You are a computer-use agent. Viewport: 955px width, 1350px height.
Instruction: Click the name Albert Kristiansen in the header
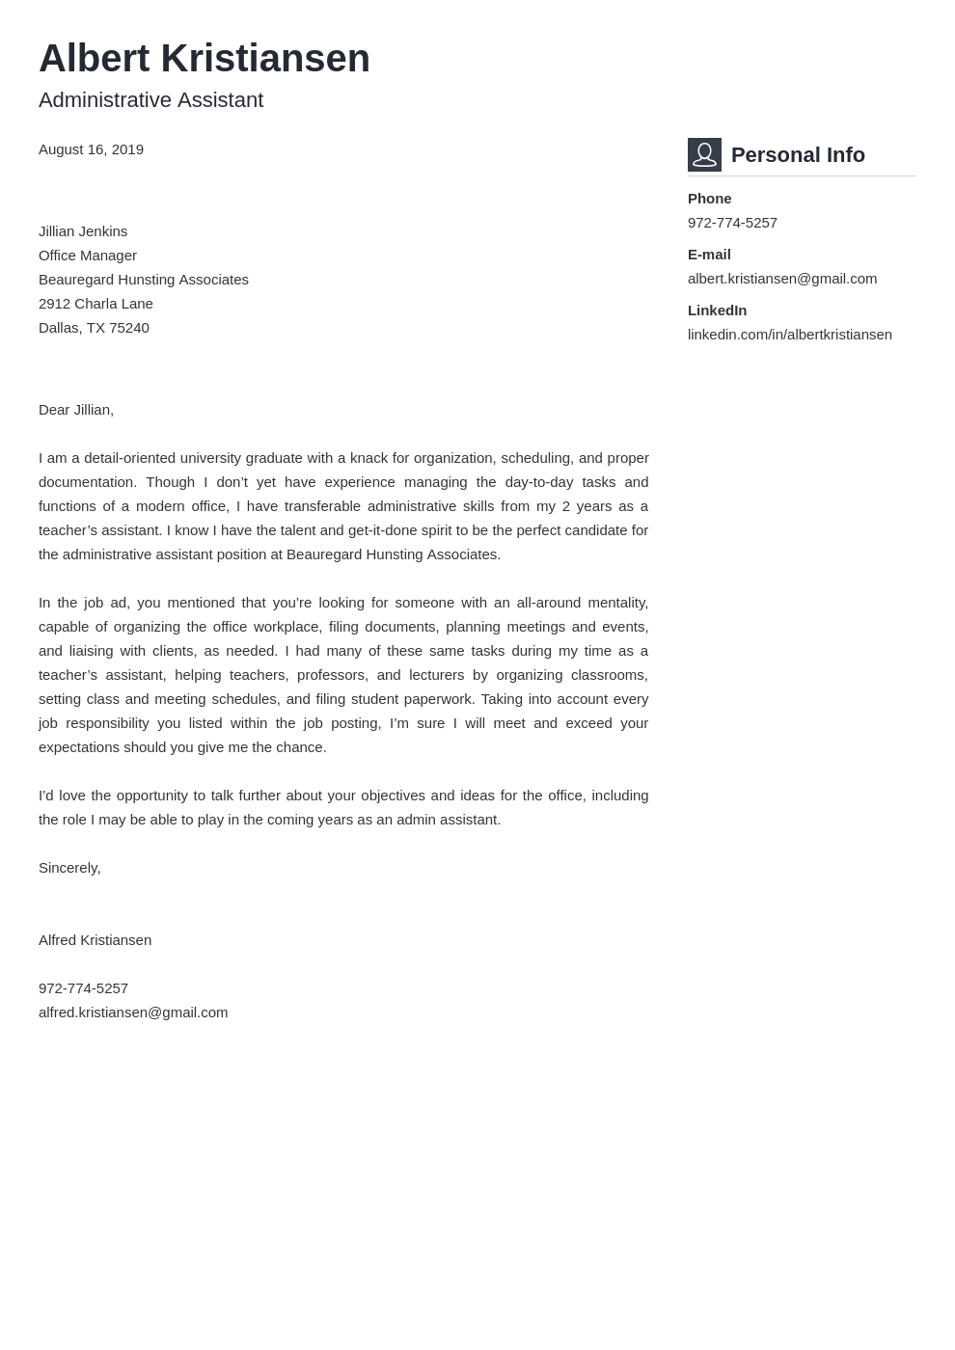click(204, 59)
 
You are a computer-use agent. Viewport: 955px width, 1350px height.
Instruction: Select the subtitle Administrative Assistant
click(150, 100)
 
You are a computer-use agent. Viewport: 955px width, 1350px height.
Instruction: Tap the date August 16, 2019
click(91, 149)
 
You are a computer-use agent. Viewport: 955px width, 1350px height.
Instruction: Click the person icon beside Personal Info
click(704, 154)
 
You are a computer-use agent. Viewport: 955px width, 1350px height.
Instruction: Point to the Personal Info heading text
click(797, 155)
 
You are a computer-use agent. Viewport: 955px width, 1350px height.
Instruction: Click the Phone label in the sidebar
click(709, 199)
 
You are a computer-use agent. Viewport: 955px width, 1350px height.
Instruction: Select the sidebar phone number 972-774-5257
click(732, 223)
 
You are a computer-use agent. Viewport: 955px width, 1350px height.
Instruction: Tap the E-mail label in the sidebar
click(709, 255)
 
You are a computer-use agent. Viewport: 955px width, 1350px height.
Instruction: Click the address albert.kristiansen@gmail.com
click(781, 279)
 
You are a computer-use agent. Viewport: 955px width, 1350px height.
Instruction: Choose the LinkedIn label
click(717, 310)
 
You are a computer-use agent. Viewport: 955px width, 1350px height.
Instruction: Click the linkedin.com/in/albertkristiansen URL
click(789, 335)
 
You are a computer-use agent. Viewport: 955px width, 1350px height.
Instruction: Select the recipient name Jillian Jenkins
click(83, 231)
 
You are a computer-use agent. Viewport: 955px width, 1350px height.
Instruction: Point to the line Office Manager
click(88, 256)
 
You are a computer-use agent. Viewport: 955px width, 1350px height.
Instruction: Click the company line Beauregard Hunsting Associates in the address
click(144, 280)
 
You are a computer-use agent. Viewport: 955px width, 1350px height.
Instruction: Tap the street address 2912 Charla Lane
click(95, 304)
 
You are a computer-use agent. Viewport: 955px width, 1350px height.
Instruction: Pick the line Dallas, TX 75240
click(94, 328)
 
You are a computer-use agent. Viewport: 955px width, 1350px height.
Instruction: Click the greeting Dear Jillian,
click(76, 410)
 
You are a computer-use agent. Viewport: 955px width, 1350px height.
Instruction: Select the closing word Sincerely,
click(69, 868)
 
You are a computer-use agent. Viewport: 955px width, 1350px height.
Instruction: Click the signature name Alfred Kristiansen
click(95, 940)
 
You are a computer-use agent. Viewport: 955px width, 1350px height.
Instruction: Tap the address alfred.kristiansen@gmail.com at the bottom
click(133, 1012)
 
